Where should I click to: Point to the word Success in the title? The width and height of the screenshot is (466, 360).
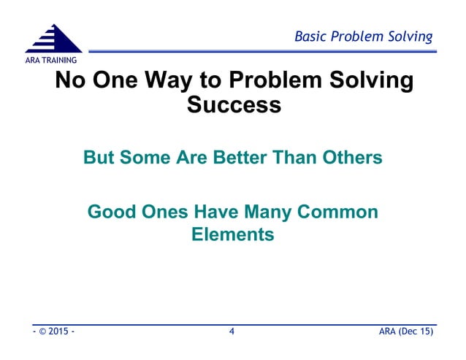point(234,104)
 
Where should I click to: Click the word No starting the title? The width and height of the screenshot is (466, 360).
point(72,80)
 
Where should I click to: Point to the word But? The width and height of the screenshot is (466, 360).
point(100,158)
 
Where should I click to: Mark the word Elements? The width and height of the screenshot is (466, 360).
point(232,235)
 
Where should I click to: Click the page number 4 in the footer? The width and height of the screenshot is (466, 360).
point(232,333)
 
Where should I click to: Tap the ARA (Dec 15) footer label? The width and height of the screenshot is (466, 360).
point(407,333)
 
